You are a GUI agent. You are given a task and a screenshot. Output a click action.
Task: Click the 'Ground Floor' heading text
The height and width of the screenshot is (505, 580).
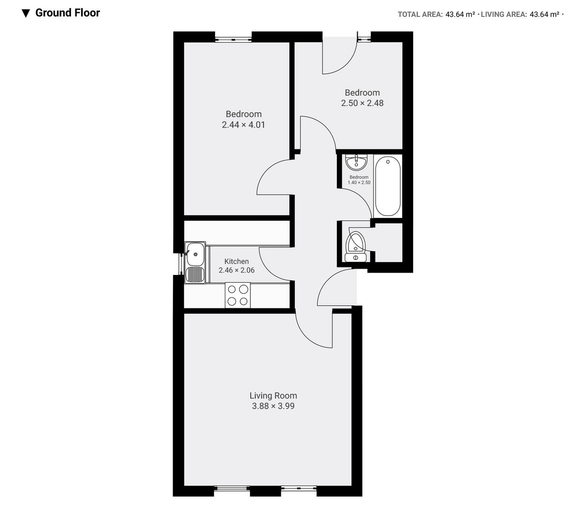point(68,13)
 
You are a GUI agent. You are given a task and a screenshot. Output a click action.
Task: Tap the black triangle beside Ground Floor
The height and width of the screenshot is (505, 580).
point(26,14)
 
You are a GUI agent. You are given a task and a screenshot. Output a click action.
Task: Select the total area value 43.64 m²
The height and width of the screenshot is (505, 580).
point(457,14)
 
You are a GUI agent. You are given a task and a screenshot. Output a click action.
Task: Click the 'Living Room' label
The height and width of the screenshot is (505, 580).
point(273,396)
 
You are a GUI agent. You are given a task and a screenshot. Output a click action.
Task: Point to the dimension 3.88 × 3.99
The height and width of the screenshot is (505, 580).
point(273,406)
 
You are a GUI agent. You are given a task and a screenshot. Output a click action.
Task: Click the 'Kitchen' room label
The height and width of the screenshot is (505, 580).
point(236,261)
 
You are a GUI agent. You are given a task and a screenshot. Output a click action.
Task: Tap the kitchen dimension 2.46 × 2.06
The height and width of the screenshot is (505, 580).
point(236,271)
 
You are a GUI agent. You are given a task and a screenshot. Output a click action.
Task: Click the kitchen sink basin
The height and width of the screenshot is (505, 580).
point(196,251)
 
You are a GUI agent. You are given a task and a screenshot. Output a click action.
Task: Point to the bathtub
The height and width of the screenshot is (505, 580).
point(388,186)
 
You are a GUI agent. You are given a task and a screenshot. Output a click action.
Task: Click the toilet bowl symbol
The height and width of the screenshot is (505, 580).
point(356,242)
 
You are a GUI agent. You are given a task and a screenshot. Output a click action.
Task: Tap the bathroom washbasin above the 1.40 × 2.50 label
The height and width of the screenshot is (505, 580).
point(357,162)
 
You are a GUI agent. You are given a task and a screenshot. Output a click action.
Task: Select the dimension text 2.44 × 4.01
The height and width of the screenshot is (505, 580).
point(244,125)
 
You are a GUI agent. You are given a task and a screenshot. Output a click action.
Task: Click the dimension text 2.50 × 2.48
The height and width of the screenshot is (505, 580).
point(362,103)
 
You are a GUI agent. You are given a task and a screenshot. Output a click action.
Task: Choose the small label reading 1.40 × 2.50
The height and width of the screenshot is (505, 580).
point(359,183)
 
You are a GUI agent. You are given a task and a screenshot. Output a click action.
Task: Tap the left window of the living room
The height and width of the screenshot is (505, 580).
point(232,489)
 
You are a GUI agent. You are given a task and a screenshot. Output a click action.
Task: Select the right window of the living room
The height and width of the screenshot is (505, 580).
point(299,489)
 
